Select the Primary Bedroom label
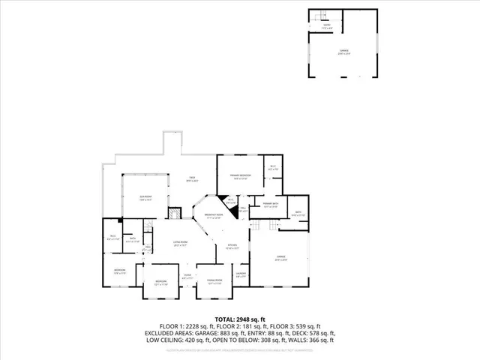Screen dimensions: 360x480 pyautogui.click(x=238, y=177)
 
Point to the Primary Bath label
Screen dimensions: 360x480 pyautogui.click(x=270, y=205)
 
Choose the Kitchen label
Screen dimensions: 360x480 pyautogui.click(x=232, y=246)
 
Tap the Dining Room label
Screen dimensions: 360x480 pyautogui.click(x=215, y=281)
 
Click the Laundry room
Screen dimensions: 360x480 pyautogui.click(x=241, y=274)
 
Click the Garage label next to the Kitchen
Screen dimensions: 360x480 pyautogui.click(x=278, y=258)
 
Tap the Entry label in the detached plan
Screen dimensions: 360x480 pyautogui.click(x=327, y=25)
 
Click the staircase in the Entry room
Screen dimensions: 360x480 pyautogui.click(x=319, y=16)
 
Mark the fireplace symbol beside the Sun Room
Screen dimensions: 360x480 pyautogui.click(x=173, y=213)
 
